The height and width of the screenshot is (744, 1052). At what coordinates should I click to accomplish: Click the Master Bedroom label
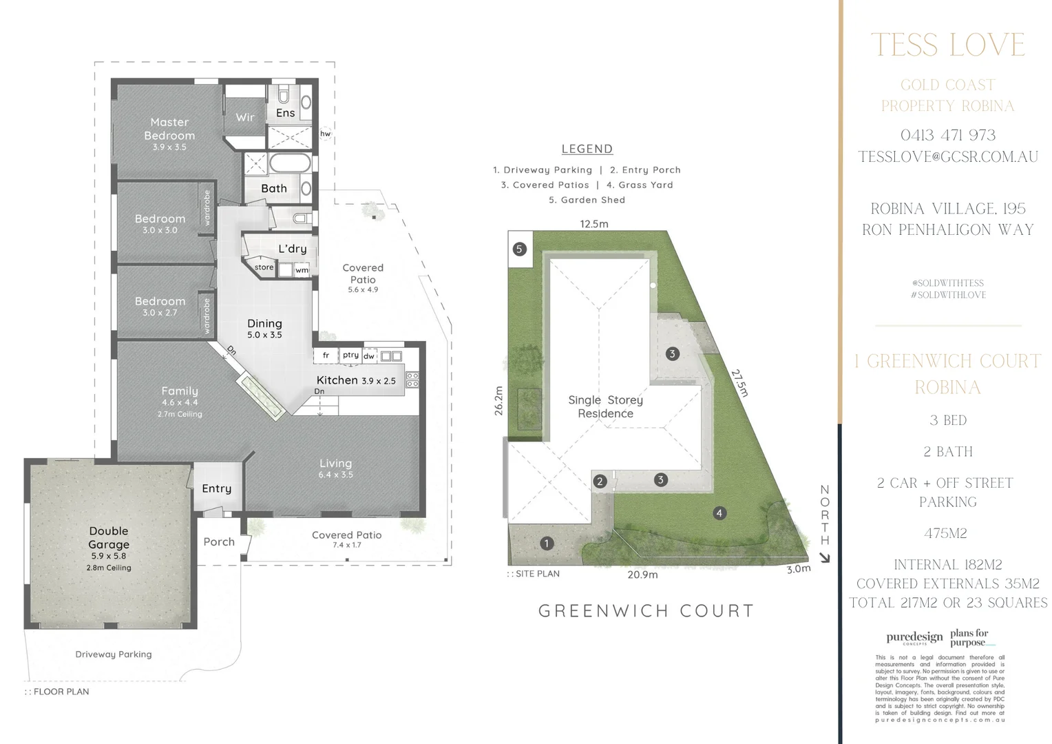point(169,129)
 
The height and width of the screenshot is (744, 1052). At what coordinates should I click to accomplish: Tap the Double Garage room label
point(109,537)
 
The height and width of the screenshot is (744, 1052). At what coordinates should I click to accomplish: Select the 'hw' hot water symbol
point(325,134)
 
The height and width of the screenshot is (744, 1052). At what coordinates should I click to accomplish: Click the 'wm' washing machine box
point(302,270)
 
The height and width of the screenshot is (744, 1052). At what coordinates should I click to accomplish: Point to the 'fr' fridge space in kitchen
point(326,355)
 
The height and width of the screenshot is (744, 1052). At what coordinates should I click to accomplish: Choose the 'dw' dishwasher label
point(369,356)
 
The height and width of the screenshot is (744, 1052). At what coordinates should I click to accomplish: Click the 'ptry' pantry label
point(350,355)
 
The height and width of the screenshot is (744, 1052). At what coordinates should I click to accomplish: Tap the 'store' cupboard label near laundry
point(264,267)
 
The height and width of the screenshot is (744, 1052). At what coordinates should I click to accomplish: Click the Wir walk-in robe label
point(245,117)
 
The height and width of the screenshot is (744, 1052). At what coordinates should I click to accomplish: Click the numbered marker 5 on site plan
point(520,249)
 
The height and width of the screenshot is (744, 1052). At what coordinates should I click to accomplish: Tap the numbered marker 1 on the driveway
point(547,544)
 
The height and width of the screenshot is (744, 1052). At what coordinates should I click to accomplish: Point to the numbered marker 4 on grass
point(719,513)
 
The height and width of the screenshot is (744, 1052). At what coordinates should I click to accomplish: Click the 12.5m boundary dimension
point(593,224)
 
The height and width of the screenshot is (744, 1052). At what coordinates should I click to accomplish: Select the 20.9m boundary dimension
point(642,575)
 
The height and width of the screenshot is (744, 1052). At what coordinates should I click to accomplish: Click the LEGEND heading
point(587,149)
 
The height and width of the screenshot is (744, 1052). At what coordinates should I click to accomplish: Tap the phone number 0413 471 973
point(947,135)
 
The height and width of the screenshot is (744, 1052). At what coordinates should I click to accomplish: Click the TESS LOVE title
point(947,45)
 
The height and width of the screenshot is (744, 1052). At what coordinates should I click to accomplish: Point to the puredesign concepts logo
point(914,638)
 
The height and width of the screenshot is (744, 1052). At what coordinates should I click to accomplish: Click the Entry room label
point(216,488)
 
